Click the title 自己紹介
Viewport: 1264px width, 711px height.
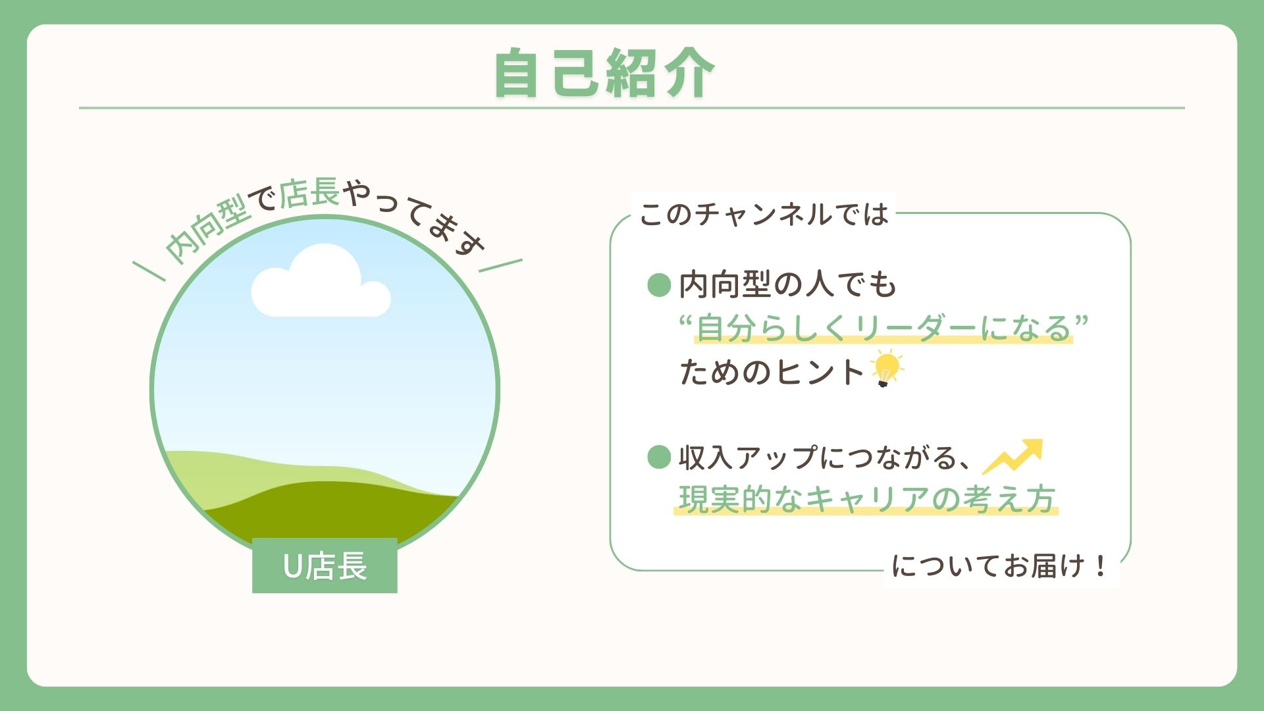(604, 73)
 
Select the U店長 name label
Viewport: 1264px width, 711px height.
(325, 566)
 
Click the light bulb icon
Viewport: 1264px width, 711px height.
(886, 369)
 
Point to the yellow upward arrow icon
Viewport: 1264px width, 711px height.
(1013, 456)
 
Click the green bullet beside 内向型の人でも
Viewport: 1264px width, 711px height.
(659, 285)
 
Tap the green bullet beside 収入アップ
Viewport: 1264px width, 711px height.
(659, 457)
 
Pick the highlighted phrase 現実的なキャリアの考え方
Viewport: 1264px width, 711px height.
(866, 499)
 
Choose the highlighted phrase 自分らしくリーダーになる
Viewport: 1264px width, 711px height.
(883, 328)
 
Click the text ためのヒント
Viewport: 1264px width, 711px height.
(772, 372)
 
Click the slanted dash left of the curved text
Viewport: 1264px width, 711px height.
(149, 271)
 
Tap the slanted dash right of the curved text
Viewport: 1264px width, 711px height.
(500, 265)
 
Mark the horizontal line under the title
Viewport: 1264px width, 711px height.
(632, 107)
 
